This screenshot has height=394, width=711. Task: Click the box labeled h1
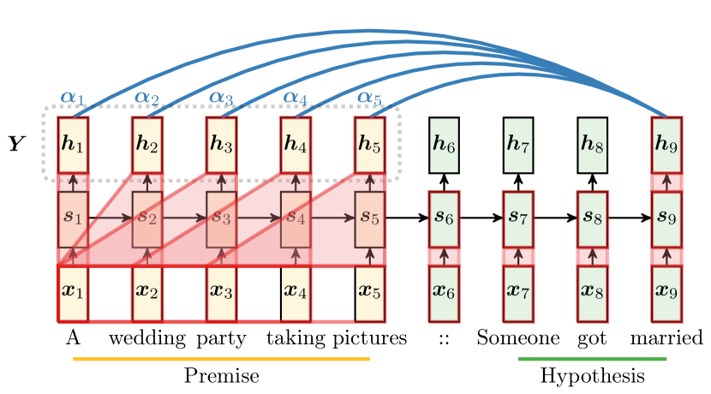point(73,144)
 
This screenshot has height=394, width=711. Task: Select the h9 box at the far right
point(666,144)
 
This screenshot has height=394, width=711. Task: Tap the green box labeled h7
point(518,144)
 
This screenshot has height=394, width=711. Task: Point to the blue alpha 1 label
point(73,98)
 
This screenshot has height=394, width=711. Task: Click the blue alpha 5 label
point(369,98)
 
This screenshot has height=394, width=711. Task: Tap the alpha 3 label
point(221,98)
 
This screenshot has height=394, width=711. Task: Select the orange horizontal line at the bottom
point(221,359)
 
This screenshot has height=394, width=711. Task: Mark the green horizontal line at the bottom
point(592,359)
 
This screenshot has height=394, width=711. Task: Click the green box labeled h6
point(444,144)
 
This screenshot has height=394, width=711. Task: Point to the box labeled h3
point(221,144)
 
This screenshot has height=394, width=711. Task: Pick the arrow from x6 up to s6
point(444,256)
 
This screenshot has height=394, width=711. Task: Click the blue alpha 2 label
point(146,98)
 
